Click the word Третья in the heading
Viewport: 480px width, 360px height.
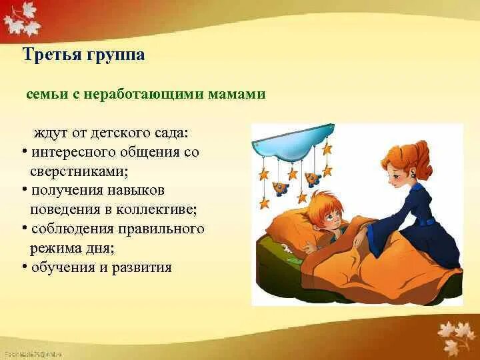coord(52,55)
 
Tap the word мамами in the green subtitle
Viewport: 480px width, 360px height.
coord(237,94)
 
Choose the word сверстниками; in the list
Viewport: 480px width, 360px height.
coord(79,171)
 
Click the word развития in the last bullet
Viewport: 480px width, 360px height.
coord(141,267)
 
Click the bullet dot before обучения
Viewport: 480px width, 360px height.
coord(25,267)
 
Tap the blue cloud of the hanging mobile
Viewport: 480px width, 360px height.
coord(293,143)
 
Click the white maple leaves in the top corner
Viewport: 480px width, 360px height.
coord(21,19)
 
